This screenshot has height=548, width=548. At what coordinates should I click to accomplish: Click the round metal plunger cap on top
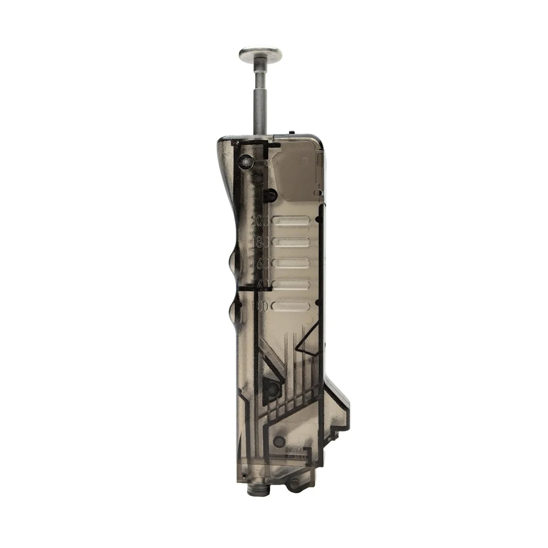point(261,54)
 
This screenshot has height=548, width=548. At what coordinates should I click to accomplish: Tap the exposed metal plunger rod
point(260,99)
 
